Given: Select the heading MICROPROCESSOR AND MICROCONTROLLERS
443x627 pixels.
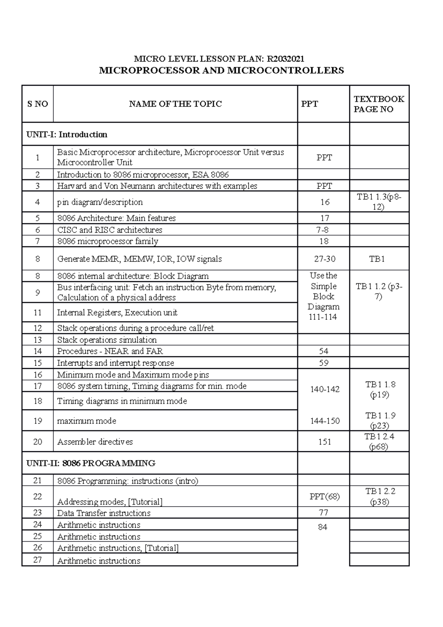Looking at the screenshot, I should click(221, 71).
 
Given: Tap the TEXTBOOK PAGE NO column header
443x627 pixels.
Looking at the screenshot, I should click(379, 104).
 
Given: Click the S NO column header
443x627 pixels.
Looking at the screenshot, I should click(38, 104).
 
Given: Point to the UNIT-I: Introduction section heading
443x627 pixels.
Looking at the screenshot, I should click(67, 134).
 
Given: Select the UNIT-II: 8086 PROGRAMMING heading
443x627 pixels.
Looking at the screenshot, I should click(91, 463).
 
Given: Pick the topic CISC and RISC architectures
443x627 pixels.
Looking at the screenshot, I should click(110, 230).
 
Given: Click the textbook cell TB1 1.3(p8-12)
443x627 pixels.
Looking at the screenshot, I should click(379, 202).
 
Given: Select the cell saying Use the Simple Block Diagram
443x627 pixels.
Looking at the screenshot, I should click(324, 296).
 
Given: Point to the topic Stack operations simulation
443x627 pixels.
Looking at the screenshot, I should click(107, 340).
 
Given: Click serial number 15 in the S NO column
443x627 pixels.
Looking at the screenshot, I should click(38, 363).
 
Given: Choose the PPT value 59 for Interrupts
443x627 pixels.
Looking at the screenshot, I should click(324, 363).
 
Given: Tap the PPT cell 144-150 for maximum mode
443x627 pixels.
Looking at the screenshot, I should click(325, 421).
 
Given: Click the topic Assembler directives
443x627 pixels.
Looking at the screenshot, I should click(95, 442).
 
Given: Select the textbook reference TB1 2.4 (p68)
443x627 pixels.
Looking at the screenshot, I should click(380, 442).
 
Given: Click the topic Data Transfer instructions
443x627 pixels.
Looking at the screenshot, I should click(104, 513).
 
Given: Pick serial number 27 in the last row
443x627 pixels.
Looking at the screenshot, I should click(38, 560).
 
